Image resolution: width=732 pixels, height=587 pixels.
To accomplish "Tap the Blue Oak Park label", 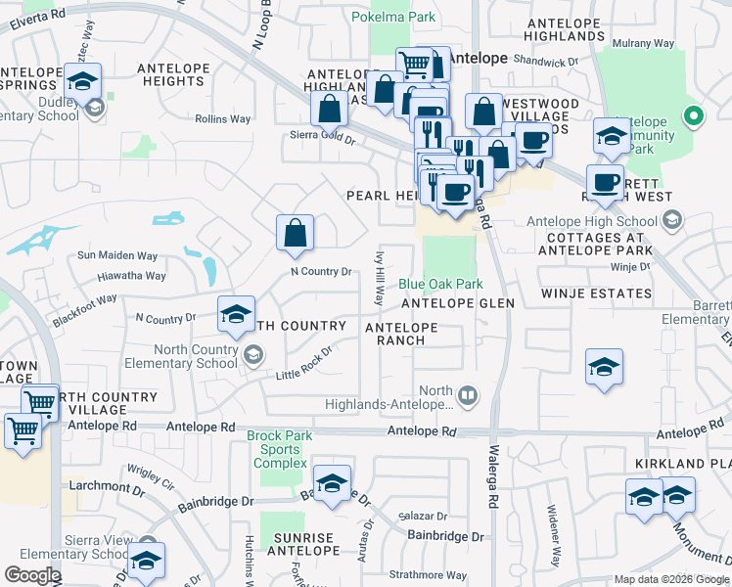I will (440, 284).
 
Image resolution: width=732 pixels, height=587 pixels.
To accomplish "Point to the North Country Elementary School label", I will (197, 357).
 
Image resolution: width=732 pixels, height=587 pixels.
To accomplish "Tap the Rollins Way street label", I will (223, 118).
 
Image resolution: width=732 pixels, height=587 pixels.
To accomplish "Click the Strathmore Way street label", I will (428, 575).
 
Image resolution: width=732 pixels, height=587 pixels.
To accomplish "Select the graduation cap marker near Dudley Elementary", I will (84, 80).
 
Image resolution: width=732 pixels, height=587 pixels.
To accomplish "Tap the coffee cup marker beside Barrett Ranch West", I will (605, 181).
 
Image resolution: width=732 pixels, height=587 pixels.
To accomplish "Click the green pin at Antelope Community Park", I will (694, 117).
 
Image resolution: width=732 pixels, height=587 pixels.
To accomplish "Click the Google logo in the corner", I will (32, 575).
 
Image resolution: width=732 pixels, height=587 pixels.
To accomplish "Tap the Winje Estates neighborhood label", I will (596, 293).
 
